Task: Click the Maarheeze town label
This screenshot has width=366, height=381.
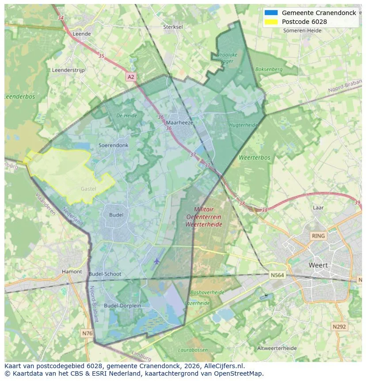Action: point(179,123)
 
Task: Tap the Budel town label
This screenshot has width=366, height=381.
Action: point(116,215)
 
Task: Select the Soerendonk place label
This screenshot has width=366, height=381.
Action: point(114,145)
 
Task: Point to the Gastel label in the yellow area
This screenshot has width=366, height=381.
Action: point(88,189)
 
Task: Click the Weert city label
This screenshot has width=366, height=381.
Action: point(318,265)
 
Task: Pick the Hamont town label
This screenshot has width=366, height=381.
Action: point(72,272)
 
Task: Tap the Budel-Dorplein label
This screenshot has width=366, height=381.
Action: point(122,305)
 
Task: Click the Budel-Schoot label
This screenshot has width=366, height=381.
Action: point(105,274)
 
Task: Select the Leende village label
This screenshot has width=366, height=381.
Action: point(82,34)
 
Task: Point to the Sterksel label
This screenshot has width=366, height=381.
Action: point(173,27)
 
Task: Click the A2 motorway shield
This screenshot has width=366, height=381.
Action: point(131,77)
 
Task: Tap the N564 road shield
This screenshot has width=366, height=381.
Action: point(277,275)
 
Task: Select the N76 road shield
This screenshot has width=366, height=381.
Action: point(88,333)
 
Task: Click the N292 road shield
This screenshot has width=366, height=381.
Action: point(339,327)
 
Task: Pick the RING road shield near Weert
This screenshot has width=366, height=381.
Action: point(318,236)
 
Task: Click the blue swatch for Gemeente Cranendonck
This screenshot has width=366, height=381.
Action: point(271,13)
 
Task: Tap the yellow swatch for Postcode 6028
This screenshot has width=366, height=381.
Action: point(271,22)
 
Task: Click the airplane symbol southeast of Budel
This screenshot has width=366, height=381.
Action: point(156,261)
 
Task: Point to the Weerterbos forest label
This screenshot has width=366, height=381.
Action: point(254,158)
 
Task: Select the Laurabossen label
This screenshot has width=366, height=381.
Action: point(193,350)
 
